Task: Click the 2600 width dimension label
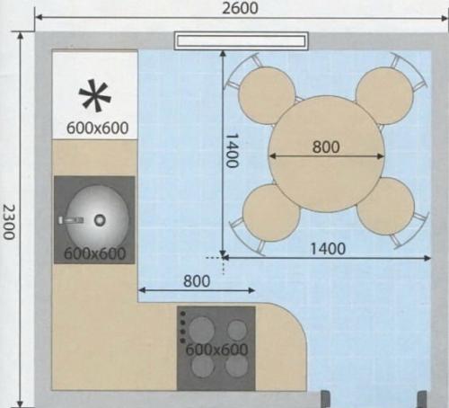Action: (x=240, y=8)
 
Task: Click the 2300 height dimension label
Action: (x=8, y=222)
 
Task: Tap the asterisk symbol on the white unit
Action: (x=95, y=95)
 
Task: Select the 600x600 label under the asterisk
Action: (x=97, y=128)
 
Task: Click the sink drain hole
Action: (x=100, y=220)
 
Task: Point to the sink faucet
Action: (x=71, y=220)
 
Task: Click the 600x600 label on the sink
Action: (x=94, y=253)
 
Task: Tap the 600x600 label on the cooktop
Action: (x=216, y=350)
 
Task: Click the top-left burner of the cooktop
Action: (x=201, y=330)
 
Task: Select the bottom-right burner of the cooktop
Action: (x=236, y=366)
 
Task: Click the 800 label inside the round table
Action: (x=326, y=146)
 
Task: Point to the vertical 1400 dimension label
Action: (x=232, y=150)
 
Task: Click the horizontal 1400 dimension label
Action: (x=328, y=248)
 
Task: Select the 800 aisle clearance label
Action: (x=197, y=281)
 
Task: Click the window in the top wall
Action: (x=241, y=40)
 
